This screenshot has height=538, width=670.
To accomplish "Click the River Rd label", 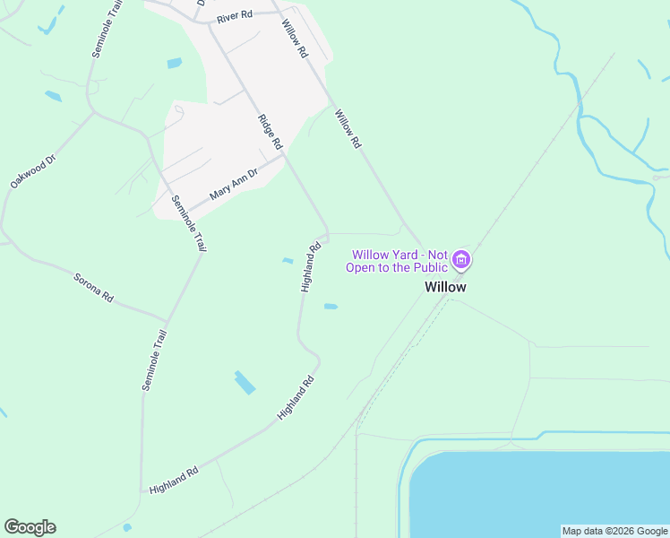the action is click(x=235, y=17).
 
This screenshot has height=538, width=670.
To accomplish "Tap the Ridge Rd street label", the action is click(x=270, y=131).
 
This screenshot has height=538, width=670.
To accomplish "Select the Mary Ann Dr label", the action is click(x=233, y=183).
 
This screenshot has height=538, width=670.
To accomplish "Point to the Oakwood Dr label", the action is click(x=33, y=169).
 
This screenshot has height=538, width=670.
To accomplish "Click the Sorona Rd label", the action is click(x=93, y=288).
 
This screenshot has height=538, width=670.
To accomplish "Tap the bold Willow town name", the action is click(x=445, y=287).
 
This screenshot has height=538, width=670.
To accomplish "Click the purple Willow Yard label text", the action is click(x=399, y=261).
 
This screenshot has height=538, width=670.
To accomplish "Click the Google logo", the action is click(x=30, y=527).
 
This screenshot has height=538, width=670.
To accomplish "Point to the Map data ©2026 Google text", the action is click(x=614, y=531).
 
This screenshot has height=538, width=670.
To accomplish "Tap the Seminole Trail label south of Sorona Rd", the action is click(x=154, y=360).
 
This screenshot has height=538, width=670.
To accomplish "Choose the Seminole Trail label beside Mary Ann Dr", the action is click(x=188, y=224).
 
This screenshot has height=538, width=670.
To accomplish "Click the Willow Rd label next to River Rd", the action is click(x=294, y=39).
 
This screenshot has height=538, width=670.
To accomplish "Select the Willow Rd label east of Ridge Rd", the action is click(x=348, y=128).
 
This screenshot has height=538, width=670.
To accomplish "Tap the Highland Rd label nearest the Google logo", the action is click(x=174, y=478).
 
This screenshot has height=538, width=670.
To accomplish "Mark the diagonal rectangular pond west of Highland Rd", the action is click(x=245, y=383).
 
